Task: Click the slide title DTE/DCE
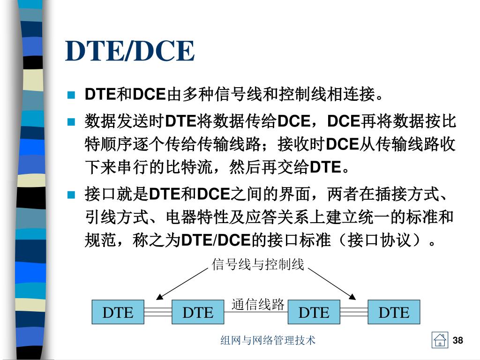130,52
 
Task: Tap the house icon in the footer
440,340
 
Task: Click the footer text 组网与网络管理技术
268,340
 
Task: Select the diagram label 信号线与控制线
258,265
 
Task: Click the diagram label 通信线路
258,305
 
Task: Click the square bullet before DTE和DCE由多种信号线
71,96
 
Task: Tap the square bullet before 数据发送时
71,122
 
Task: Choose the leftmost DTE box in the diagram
118,312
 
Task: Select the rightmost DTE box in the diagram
394,312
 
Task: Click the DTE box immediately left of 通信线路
197,312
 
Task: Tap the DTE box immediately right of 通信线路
314,312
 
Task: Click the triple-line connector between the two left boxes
157,312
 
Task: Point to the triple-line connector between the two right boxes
354,312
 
